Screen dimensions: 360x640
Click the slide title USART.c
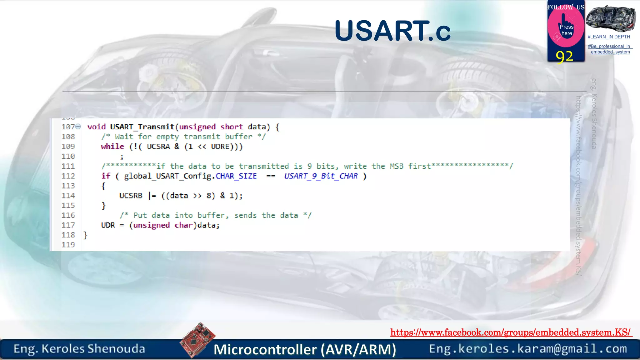pyautogui.click(x=392, y=31)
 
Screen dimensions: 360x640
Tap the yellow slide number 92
pyautogui.click(x=564, y=57)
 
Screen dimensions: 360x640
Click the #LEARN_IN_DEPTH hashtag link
pyautogui.click(x=609, y=37)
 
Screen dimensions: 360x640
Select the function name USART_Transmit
pyautogui.click(x=142, y=127)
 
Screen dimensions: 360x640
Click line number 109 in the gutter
pyautogui.click(x=68, y=147)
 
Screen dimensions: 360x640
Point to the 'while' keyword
pyautogui.click(x=112, y=147)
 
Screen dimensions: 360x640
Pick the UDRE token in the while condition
pyautogui.click(x=220, y=147)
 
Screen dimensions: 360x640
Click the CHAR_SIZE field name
pyautogui.click(x=236, y=176)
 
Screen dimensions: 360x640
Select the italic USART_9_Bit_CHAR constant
pyautogui.click(x=321, y=176)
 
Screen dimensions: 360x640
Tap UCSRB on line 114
pyautogui.click(x=131, y=196)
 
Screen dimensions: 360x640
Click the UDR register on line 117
pyautogui.click(x=108, y=225)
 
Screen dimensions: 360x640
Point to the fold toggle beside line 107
pyautogui.click(x=78, y=127)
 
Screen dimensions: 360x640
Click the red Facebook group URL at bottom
pyautogui.click(x=511, y=332)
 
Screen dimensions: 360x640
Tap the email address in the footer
pyautogui.click(x=528, y=349)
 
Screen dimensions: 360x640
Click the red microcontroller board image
pyautogui.click(x=197, y=340)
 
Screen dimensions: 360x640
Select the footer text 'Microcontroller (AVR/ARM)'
pyautogui.click(x=305, y=349)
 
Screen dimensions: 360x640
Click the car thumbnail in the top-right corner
pyautogui.click(x=610, y=18)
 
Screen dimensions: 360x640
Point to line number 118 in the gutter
pyautogui.click(x=68, y=235)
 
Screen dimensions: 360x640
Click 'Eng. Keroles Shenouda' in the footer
pyautogui.click(x=79, y=349)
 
